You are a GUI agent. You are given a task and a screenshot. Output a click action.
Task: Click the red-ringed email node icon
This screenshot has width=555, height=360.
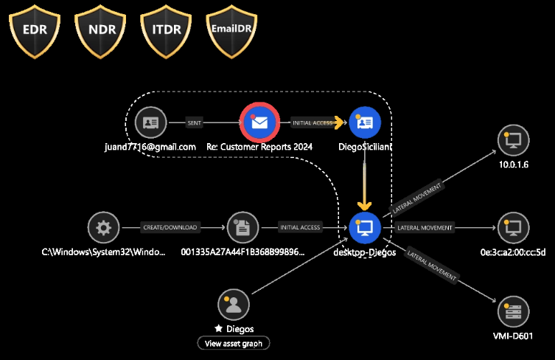tap(259, 122)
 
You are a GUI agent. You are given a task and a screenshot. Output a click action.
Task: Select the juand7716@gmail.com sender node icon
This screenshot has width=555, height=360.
tap(150, 122)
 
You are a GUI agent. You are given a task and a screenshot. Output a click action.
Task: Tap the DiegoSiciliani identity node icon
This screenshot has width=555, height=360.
tap(365, 122)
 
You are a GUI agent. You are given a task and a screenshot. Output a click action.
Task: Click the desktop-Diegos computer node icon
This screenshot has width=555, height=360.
tap(365, 228)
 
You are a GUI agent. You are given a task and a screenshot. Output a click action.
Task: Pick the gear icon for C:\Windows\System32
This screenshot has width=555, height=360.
tap(103, 228)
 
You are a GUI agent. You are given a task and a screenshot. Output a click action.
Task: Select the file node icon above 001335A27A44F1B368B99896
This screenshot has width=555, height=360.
tap(243, 228)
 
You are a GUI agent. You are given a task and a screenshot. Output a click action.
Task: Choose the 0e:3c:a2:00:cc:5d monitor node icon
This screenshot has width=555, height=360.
tap(513, 228)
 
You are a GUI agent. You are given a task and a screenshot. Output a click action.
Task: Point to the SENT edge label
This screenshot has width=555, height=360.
tap(195, 123)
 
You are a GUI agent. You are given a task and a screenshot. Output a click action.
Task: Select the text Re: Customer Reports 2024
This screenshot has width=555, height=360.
tap(259, 147)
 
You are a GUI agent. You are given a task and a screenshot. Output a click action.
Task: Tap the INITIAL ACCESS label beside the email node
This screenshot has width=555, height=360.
tap(313, 123)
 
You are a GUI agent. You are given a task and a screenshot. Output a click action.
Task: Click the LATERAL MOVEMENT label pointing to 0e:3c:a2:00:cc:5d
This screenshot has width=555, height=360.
tap(425, 228)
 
